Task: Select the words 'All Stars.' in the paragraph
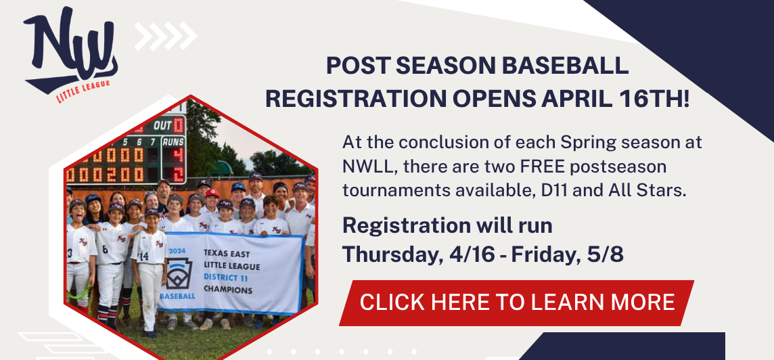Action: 651,190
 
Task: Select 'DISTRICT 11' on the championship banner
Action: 227,276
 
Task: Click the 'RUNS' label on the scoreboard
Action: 174,141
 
